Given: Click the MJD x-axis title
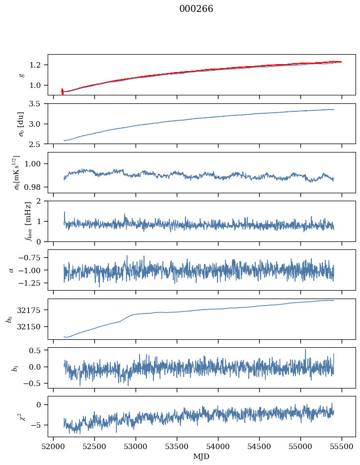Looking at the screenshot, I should (x=202, y=456).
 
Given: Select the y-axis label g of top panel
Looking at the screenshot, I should (x=21, y=75).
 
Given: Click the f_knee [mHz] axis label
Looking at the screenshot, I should (x=14, y=221).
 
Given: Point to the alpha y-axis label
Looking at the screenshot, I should (x=11, y=270).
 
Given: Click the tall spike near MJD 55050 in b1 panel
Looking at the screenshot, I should (x=305, y=350).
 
